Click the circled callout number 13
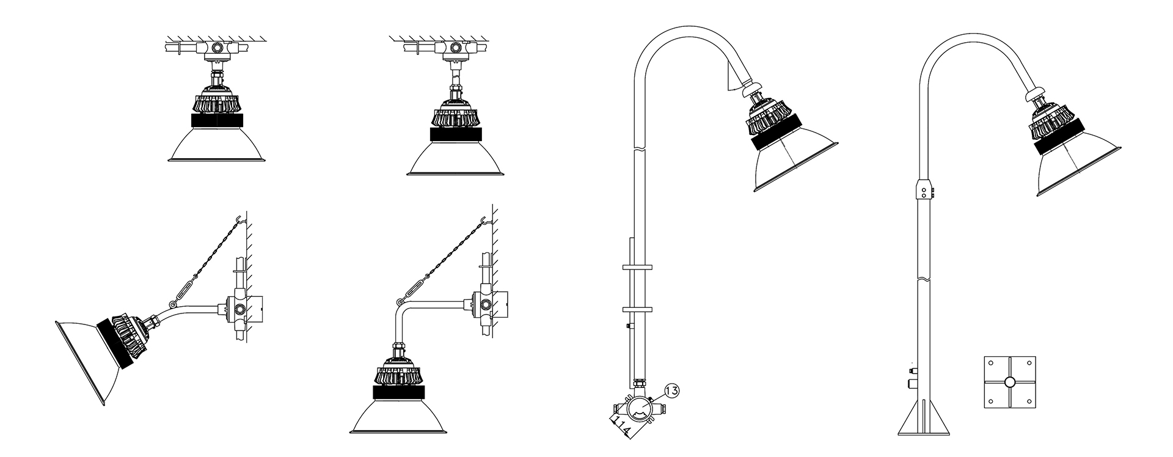point(670,390)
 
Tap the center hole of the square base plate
point(1009,382)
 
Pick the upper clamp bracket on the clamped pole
point(637,267)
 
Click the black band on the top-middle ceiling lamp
point(455,135)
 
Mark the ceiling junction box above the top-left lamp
point(216,47)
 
